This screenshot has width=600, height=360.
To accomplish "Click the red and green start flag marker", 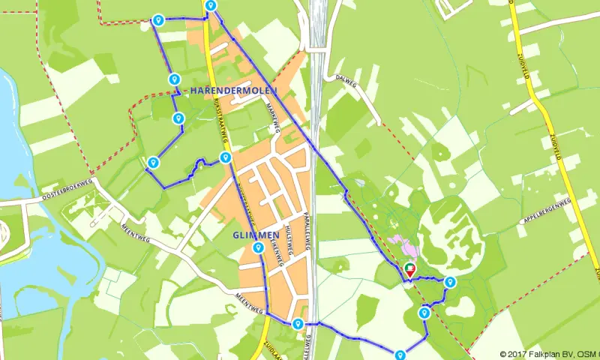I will (409, 268).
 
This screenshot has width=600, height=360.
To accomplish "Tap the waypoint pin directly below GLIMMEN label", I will (258, 247).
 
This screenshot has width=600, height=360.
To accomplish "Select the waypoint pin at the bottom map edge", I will (400, 355).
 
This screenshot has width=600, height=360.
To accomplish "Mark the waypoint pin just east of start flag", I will (450, 282).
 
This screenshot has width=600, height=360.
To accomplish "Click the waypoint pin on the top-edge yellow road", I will (211, 6).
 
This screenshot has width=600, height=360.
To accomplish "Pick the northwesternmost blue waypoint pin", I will (157, 20).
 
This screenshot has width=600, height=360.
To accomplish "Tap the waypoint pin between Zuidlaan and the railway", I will (298, 324).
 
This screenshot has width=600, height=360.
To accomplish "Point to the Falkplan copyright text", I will (547, 354).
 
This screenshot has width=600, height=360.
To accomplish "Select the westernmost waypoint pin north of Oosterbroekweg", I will (153, 161).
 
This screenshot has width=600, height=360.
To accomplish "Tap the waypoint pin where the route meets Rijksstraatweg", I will (225, 157).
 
